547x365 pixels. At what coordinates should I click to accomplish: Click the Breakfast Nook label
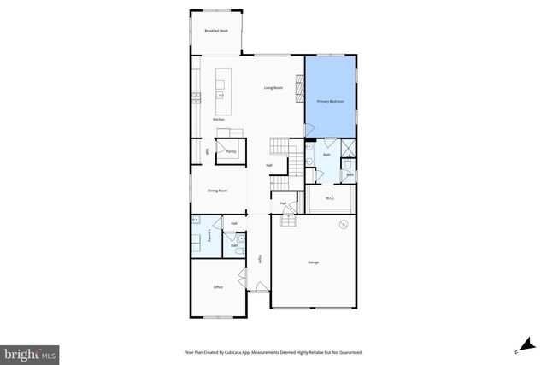click(215, 31)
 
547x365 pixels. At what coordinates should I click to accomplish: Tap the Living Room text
click(273, 88)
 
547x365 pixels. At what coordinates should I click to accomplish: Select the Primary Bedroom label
click(330, 101)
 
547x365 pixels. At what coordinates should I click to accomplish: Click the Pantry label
click(231, 151)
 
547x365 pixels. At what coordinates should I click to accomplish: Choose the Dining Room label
click(217, 191)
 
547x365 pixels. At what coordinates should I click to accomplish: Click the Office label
click(218, 287)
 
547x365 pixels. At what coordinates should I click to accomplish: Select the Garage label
click(313, 262)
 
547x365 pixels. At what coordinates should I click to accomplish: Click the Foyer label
click(260, 258)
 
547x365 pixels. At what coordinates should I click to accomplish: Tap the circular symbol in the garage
click(344, 225)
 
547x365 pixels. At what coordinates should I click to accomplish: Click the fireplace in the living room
click(298, 88)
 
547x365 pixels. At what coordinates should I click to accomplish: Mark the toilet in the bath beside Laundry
click(236, 248)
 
